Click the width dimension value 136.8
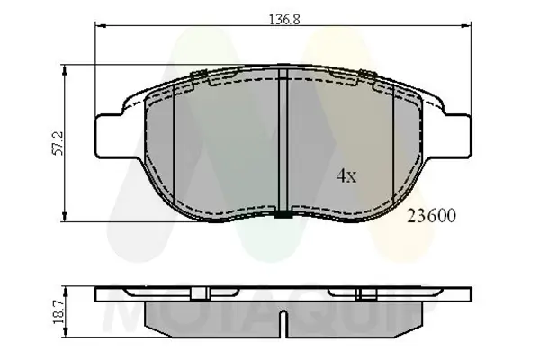[283, 16]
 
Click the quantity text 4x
[346, 176]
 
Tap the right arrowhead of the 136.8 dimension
[467, 27]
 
